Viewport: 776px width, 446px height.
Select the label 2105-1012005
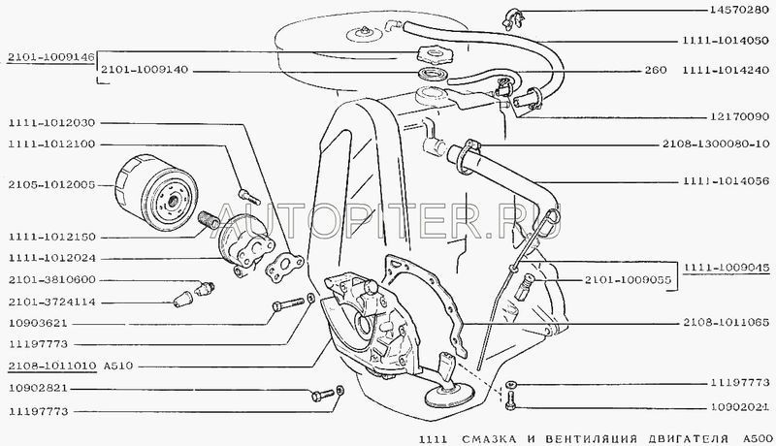[51, 185]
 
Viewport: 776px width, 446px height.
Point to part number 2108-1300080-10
[716, 143]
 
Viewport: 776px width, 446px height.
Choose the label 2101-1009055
[628, 280]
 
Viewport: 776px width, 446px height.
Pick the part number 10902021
[740, 408]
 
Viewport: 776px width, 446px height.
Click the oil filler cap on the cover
[432, 52]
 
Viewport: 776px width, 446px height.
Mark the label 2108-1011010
[52, 366]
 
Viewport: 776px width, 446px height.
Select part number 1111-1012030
[51, 122]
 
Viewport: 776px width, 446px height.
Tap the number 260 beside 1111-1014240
[656, 70]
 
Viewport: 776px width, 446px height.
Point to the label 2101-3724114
[51, 302]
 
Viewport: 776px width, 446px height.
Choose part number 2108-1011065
[727, 323]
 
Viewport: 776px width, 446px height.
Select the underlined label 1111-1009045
[727, 268]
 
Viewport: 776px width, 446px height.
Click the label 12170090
[740, 116]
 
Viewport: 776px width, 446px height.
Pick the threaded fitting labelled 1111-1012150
[209, 220]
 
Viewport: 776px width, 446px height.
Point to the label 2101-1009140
[145, 70]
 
